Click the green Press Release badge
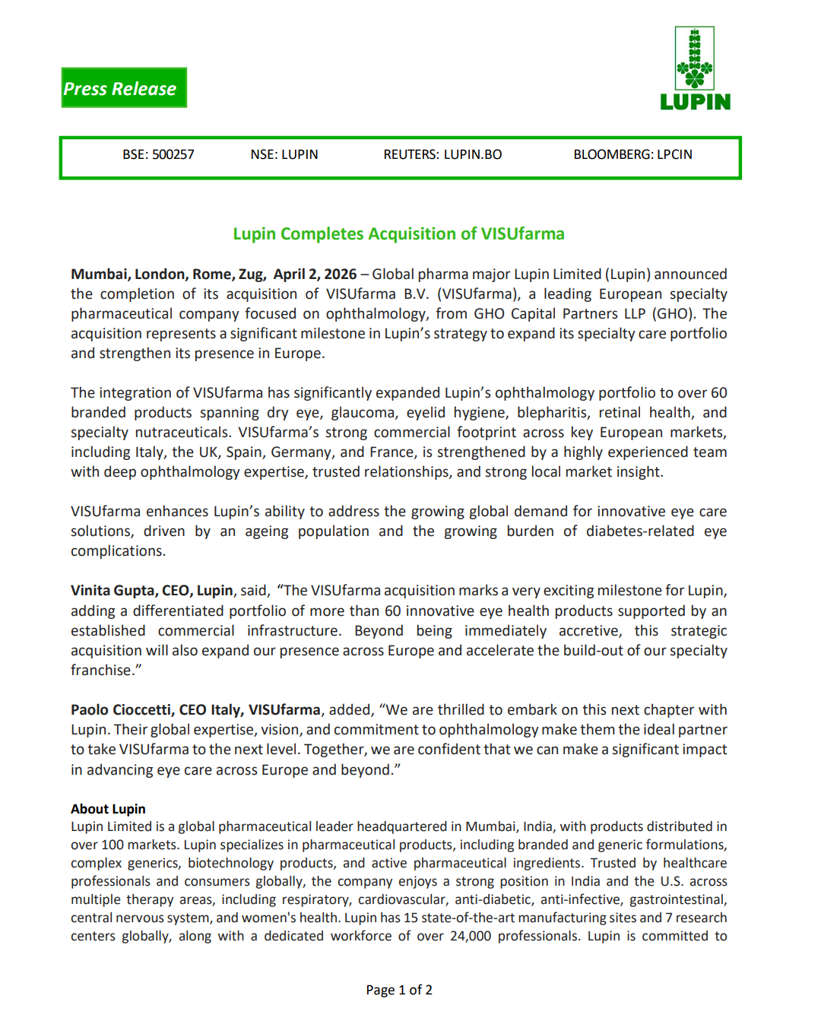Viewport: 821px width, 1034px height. tap(124, 88)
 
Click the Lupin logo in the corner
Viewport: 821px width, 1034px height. tap(695, 69)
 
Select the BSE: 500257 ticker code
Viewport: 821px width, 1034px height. tap(158, 154)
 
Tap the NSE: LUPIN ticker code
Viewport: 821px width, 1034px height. tap(284, 154)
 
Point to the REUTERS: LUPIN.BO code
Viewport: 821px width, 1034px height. tap(442, 154)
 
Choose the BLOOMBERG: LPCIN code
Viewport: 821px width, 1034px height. tap(632, 154)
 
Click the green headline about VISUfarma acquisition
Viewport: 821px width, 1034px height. tap(398, 233)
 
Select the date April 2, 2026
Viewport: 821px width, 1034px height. tap(315, 274)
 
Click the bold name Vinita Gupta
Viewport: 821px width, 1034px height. tap(114, 591)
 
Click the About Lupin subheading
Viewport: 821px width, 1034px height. tap(108, 809)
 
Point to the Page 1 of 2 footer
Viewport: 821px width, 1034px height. tap(399, 990)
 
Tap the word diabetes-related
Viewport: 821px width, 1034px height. tap(639, 531)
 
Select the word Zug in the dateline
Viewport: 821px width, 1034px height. tap(251, 274)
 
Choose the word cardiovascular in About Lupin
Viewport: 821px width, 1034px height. tap(402, 899)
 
